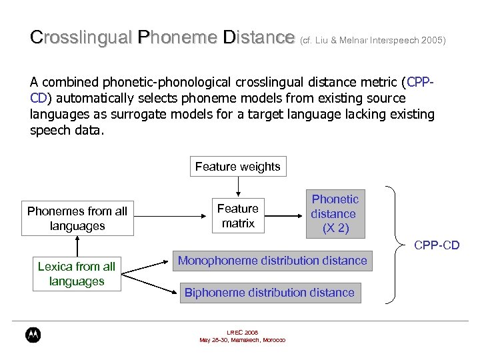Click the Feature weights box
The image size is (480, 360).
pyautogui.click(x=238, y=167)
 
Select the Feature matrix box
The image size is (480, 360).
pyautogui.click(x=238, y=216)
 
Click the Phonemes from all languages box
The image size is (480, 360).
pyautogui.click(x=77, y=219)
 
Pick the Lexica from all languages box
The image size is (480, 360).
pyautogui.click(x=77, y=274)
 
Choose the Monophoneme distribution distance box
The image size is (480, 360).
pyautogui.click(x=272, y=261)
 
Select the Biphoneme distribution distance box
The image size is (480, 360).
pyautogui.click(x=269, y=293)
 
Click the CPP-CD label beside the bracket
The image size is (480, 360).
pyautogui.click(x=437, y=245)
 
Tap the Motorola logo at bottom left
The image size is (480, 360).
pyautogui.click(x=33, y=335)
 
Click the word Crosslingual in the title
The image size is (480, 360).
pyautogui.click(x=81, y=37)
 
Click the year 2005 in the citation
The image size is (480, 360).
pyautogui.click(x=433, y=41)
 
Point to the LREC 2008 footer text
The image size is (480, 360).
pyautogui.click(x=242, y=332)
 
